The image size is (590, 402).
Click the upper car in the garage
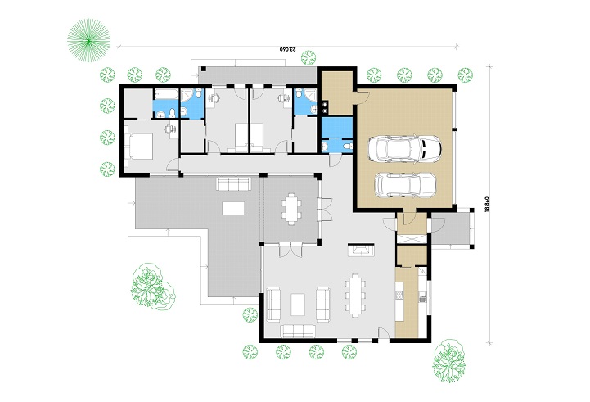pos(403,149)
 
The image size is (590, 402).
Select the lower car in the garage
pos(405,185)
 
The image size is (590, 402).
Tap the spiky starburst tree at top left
pos(89,40)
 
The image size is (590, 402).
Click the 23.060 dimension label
pos(288,49)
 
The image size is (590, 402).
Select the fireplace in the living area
pos(361,250)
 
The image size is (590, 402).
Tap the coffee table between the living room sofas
pos(299,305)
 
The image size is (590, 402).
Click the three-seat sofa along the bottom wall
pos(297,331)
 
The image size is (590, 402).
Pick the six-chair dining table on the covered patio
pos(291,209)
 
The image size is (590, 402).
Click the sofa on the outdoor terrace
pos(233,183)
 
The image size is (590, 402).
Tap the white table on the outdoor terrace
pos(233,208)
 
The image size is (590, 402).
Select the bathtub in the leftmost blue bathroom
pos(166,94)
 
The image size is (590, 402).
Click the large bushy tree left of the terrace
pos(153,287)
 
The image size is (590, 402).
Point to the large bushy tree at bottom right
pos(449,361)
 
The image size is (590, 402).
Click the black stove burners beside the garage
pos(325,106)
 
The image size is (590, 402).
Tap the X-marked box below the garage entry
pos(412,239)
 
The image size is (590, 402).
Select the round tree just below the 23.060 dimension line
pos(309,58)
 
